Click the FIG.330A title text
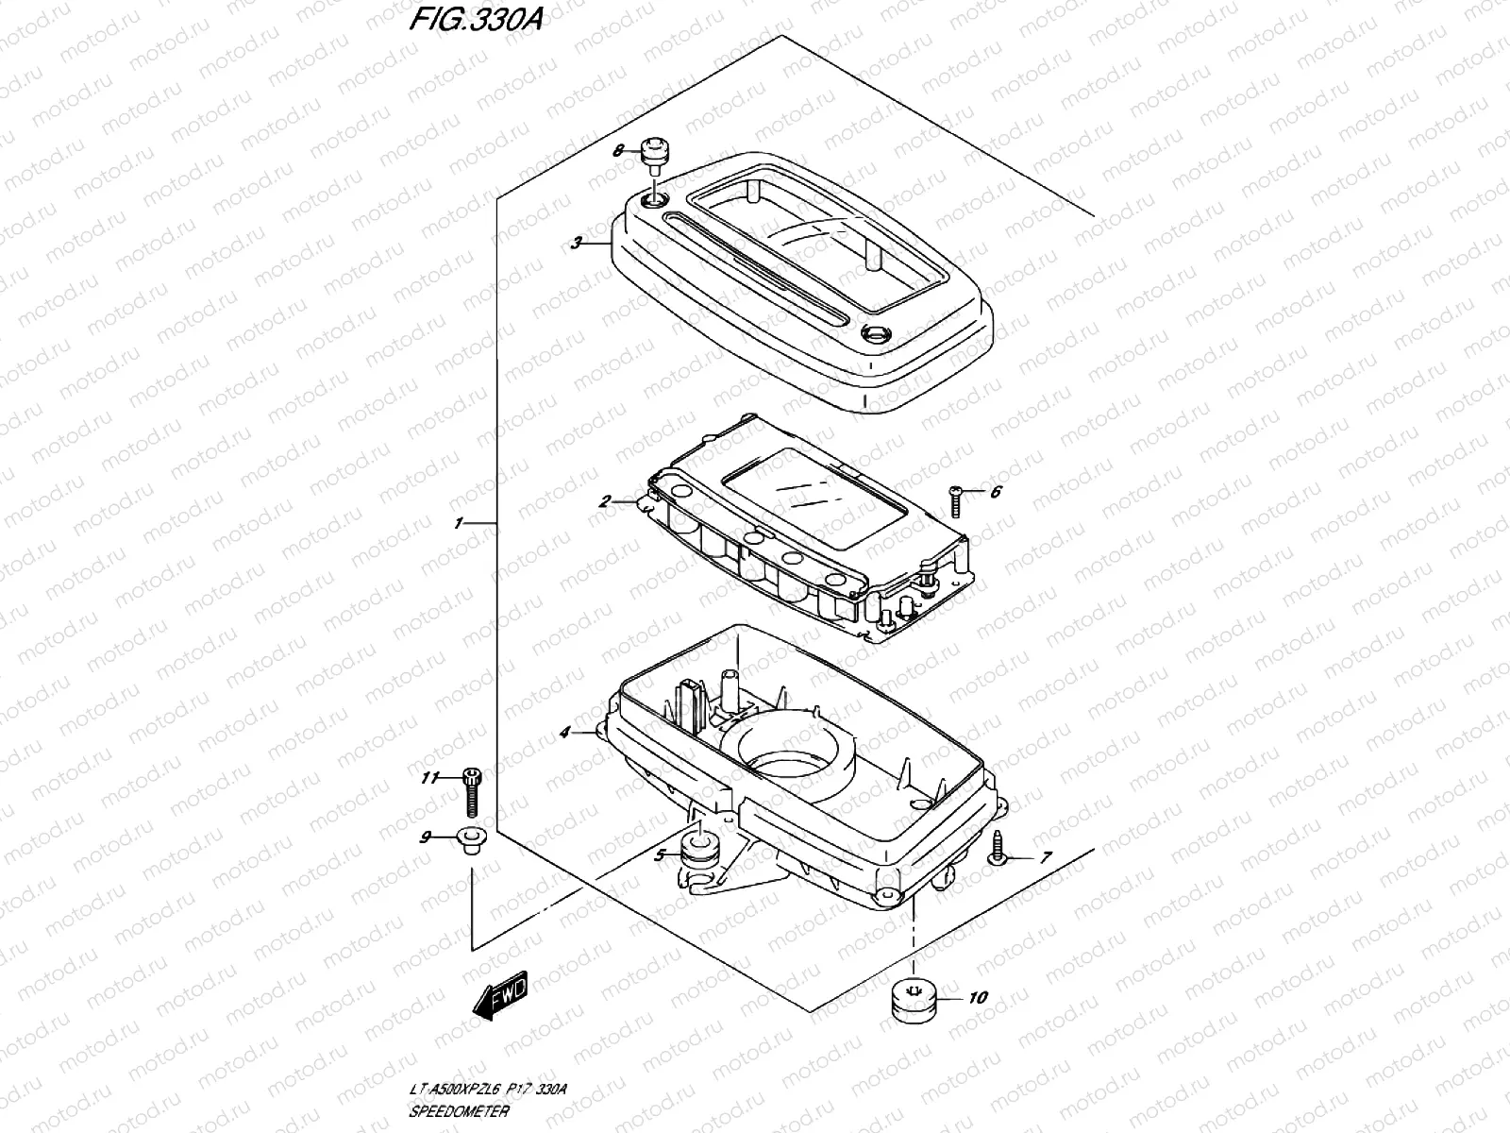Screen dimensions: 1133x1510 475,22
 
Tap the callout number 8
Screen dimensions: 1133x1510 618,150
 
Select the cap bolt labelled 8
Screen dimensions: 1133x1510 652,153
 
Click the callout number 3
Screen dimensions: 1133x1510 576,243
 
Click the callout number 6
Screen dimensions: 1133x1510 995,492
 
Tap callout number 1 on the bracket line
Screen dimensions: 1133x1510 459,522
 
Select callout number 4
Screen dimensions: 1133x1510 565,732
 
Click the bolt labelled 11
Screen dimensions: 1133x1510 472,790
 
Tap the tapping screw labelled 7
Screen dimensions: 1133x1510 997,849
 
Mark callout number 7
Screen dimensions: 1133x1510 1045,858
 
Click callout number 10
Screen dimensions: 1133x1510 978,997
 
